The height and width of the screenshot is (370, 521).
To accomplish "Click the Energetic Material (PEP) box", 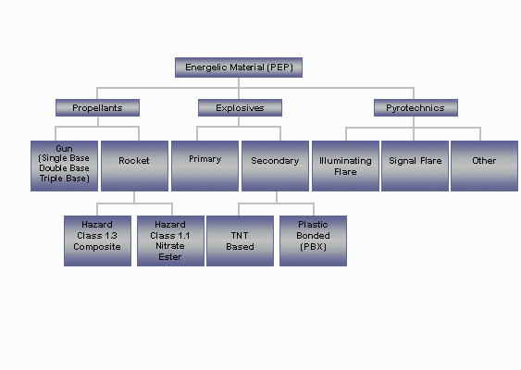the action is [239, 68].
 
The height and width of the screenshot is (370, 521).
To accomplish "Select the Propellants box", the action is [97, 107].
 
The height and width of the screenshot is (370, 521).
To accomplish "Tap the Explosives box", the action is [240, 107].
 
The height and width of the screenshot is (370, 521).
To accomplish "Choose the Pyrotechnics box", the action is [416, 107].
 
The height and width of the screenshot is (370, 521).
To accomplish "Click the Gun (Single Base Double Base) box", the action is [64, 166].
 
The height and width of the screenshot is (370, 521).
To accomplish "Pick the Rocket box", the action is [134, 166].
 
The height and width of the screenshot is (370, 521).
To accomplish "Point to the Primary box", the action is [205, 166].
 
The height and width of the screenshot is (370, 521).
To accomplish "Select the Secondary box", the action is [275, 166].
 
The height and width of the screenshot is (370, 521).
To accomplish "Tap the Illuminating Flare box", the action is [345, 166].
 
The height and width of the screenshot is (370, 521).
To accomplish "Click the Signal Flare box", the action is [415, 166].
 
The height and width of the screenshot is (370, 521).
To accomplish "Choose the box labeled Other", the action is [485, 166].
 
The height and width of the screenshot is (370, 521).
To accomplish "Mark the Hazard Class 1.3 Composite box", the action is [97, 240].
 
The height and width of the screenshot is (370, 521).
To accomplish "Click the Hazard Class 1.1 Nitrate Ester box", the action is [170, 240].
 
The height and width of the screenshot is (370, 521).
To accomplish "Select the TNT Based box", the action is [240, 240].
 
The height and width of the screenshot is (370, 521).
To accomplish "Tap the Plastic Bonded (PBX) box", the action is [313, 240].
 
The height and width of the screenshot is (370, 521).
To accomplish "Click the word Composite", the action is [97, 247].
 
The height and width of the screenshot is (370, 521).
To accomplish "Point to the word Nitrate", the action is [170, 246].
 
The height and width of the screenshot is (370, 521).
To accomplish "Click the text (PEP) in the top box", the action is [280, 68].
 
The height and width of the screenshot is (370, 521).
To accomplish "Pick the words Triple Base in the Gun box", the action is [65, 179].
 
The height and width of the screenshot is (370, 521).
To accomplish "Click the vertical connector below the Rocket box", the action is [134, 197].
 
